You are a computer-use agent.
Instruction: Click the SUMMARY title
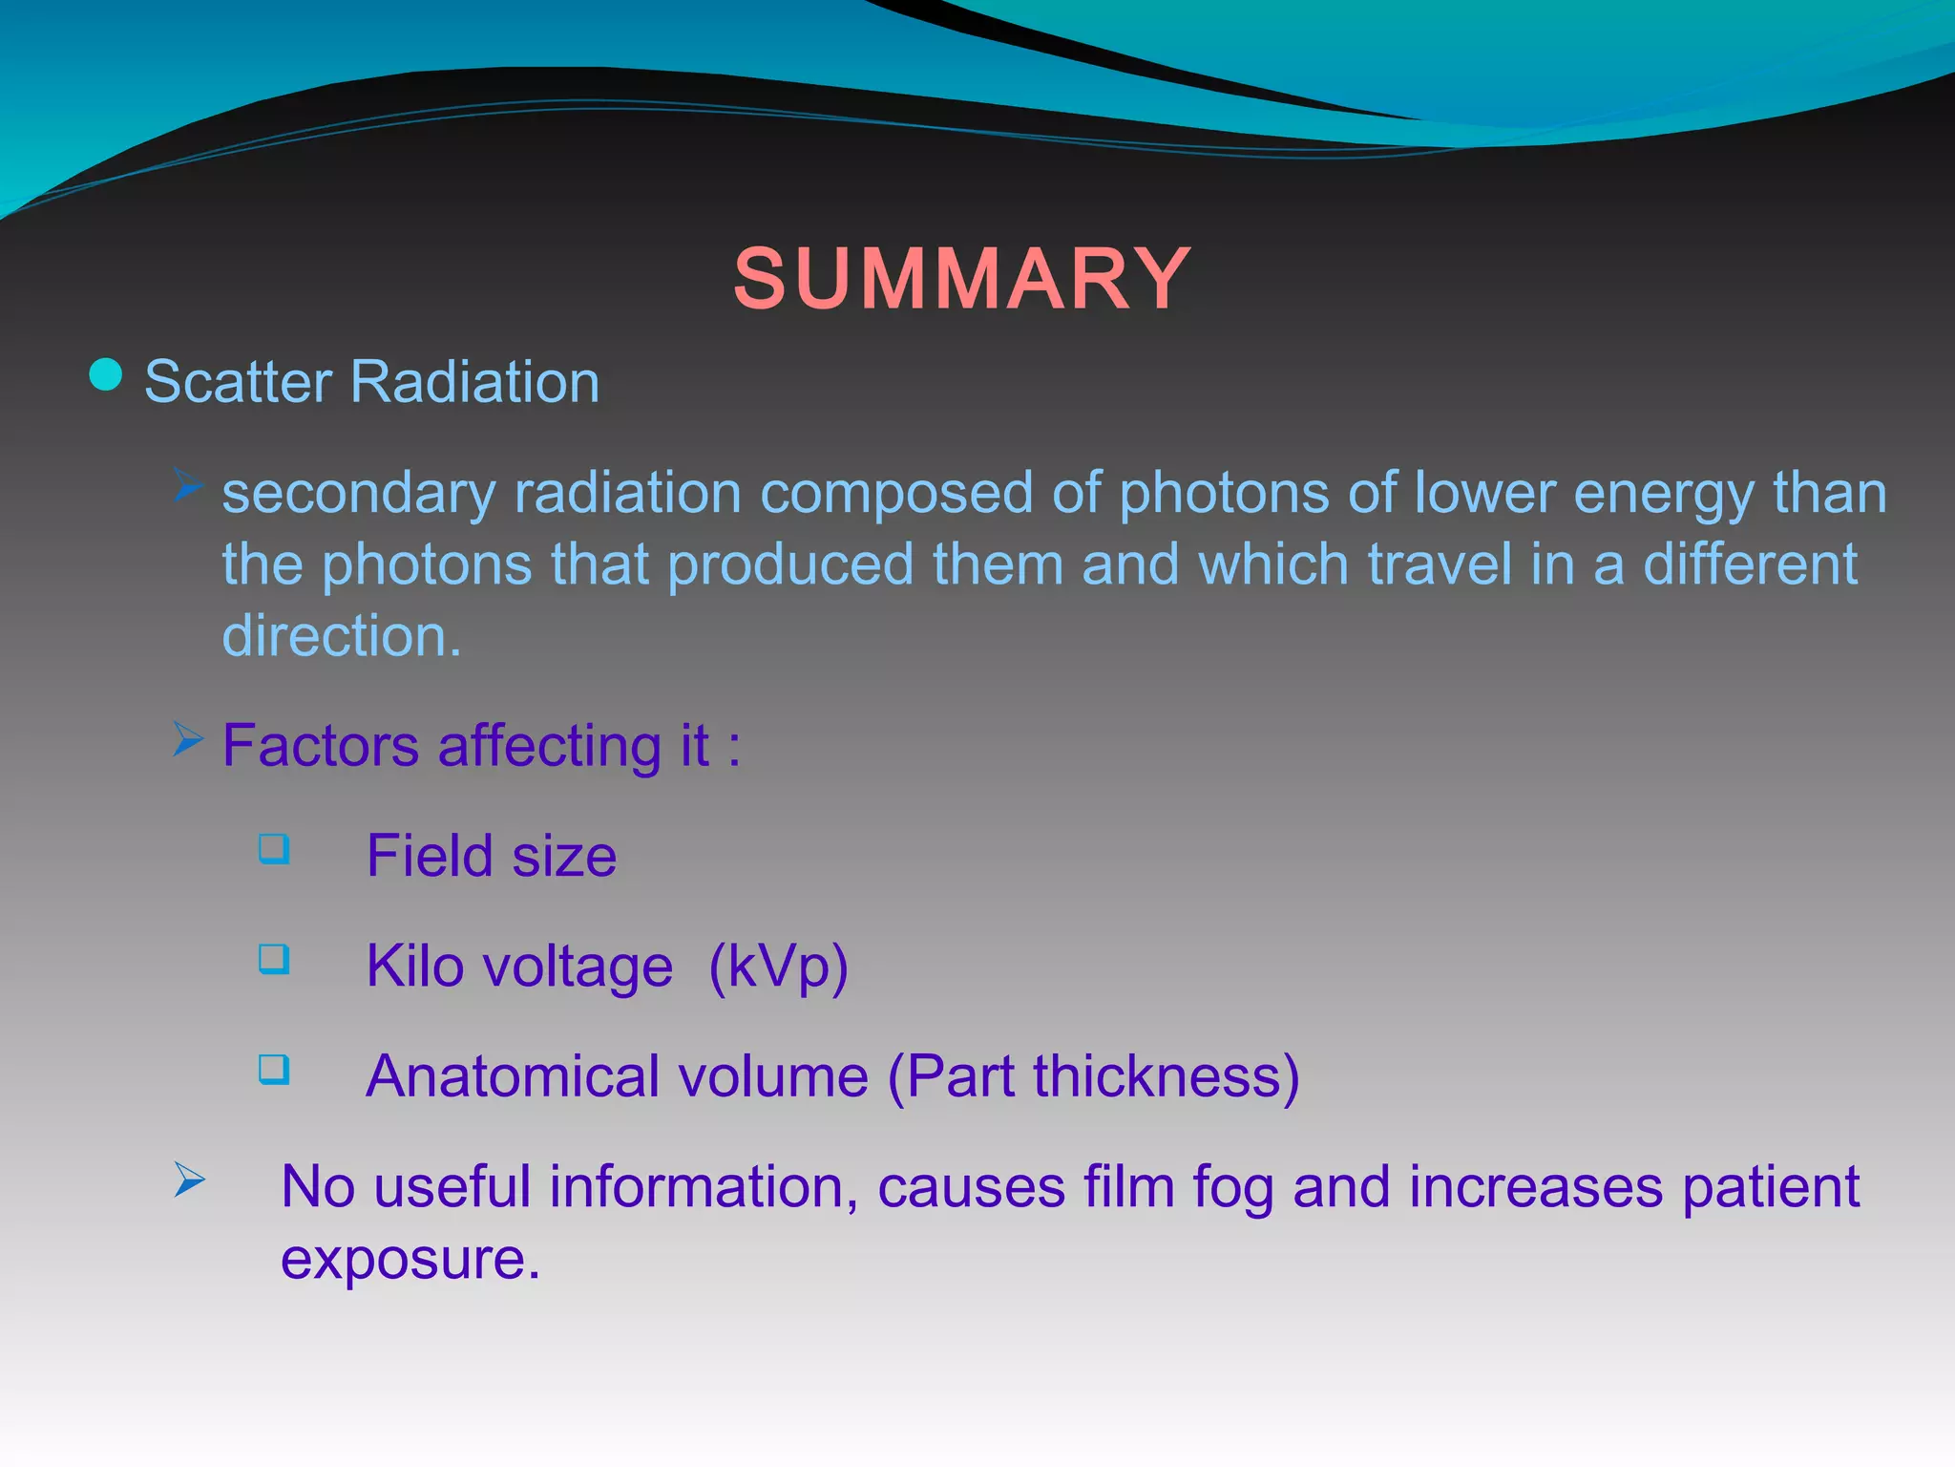962,279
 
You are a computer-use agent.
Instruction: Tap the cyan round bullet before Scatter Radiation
106,374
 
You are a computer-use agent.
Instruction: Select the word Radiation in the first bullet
474,382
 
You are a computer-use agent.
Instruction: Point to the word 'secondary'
359,495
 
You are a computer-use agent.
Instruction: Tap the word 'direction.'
342,636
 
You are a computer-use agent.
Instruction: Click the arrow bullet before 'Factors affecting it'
189,738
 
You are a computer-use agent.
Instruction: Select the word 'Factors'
321,746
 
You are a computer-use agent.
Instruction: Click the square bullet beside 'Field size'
274,848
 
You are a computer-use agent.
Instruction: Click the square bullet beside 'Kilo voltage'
274,958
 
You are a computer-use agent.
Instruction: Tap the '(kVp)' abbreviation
778,967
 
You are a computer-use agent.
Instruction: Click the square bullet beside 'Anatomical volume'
274,1069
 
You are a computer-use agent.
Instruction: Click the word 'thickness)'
1167,1076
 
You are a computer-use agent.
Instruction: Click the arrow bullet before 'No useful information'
189,1180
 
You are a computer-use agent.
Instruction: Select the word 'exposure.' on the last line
410,1259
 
